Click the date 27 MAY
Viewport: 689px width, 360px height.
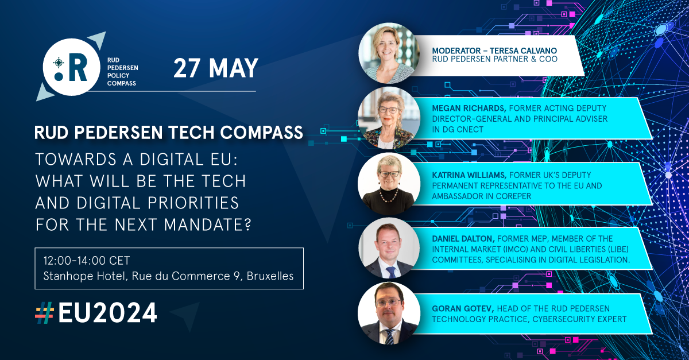(216, 68)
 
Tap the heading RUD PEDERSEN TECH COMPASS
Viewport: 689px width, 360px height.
(169, 133)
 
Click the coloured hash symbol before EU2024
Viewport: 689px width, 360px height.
(44, 313)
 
